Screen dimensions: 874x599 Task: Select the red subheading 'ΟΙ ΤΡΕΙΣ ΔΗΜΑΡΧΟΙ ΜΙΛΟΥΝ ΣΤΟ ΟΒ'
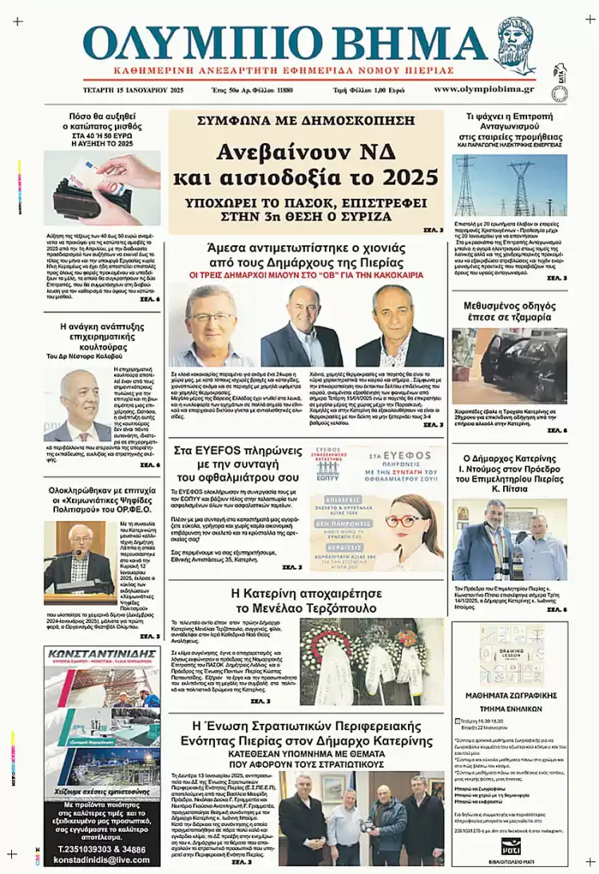(307, 274)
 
